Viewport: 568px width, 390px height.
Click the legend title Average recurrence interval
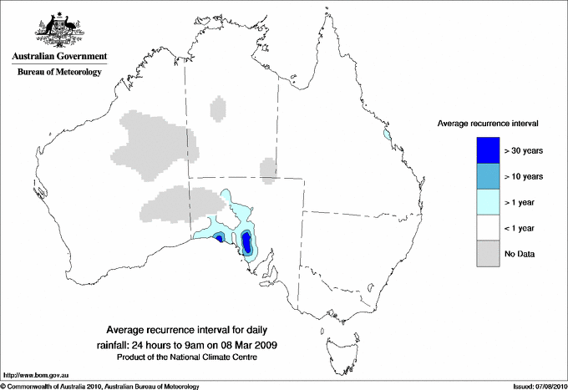click(x=487, y=123)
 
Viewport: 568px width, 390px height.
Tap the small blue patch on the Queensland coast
click(x=387, y=134)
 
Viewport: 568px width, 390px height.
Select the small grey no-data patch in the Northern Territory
click(x=217, y=109)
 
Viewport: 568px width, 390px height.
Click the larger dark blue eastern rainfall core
click(x=247, y=244)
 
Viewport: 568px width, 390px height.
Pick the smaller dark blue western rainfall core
click(x=219, y=238)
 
